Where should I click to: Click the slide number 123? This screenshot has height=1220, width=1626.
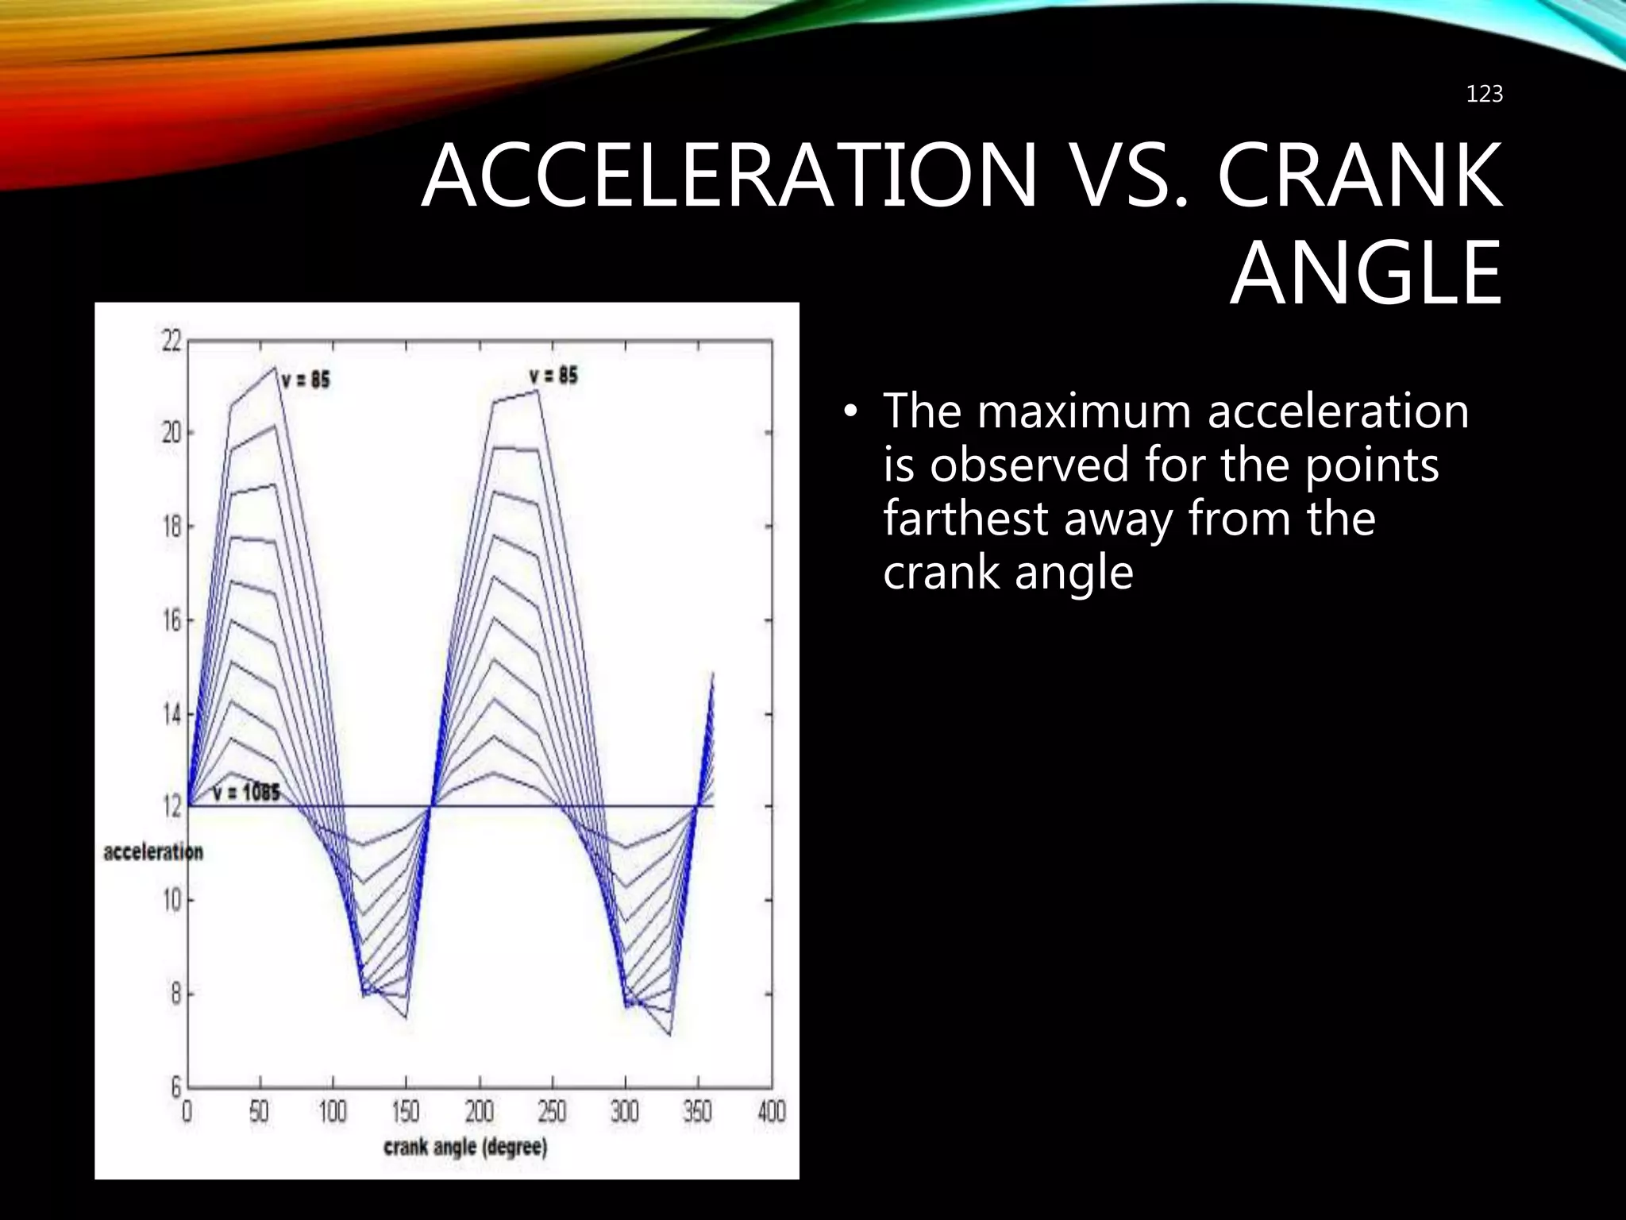tap(1483, 95)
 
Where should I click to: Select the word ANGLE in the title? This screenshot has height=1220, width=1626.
tap(1366, 274)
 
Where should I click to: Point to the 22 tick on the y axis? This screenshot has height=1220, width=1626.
tap(172, 342)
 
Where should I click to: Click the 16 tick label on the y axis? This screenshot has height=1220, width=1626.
tap(172, 621)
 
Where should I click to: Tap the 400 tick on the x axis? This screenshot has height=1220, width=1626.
tap(771, 1111)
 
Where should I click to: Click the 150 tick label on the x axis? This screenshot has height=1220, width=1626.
tap(406, 1111)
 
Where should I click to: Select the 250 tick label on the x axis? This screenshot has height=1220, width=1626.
tap(552, 1111)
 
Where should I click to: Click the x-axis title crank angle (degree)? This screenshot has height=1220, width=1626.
tap(465, 1148)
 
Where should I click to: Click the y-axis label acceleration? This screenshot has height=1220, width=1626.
tap(153, 852)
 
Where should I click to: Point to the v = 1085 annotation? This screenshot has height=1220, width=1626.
tap(246, 793)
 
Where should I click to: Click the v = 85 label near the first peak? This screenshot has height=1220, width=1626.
tap(306, 380)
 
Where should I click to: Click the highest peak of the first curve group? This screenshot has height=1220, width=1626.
tap(275, 367)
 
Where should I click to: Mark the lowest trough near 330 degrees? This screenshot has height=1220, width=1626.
tap(670, 1035)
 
